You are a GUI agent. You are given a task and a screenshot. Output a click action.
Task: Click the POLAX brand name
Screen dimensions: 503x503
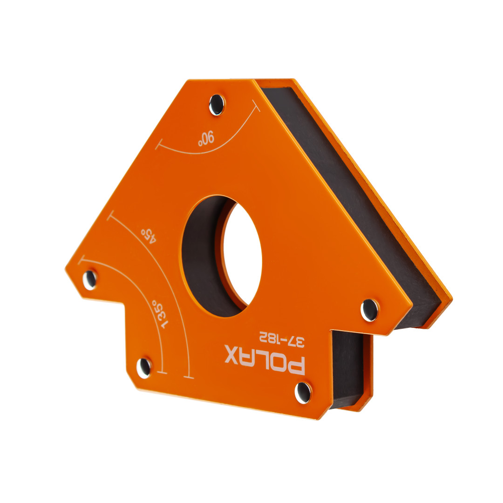pyautogui.click(x=265, y=360)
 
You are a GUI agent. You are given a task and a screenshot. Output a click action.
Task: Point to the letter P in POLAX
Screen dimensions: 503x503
pyautogui.click(x=296, y=365)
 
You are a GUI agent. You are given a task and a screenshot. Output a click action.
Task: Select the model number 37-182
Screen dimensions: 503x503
pyautogui.click(x=282, y=339)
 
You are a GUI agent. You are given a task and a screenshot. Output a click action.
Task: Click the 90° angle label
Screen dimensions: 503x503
pyautogui.click(x=206, y=138)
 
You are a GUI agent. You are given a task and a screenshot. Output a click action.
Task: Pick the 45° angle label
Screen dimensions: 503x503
pyautogui.click(x=149, y=235)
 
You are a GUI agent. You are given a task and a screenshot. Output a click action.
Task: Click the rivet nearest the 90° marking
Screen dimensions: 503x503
pyautogui.click(x=217, y=105)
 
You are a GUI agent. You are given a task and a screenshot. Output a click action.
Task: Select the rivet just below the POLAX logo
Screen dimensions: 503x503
pyautogui.click(x=303, y=393)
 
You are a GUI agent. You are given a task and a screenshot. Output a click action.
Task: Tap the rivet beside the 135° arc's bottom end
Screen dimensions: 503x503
pyautogui.click(x=144, y=367)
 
